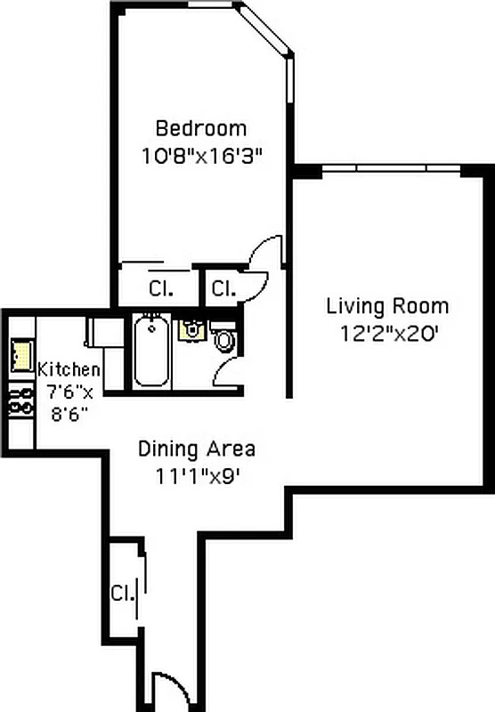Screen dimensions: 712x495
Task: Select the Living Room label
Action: click(387, 307)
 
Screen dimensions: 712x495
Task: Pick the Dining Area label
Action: click(197, 449)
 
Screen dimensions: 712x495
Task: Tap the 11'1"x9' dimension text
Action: click(197, 474)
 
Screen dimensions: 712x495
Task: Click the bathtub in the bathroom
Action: click(152, 351)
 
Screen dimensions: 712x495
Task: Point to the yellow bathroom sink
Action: click(191, 329)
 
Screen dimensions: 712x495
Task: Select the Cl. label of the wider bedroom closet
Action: click(160, 288)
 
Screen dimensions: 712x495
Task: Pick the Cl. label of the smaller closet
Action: click(222, 288)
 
